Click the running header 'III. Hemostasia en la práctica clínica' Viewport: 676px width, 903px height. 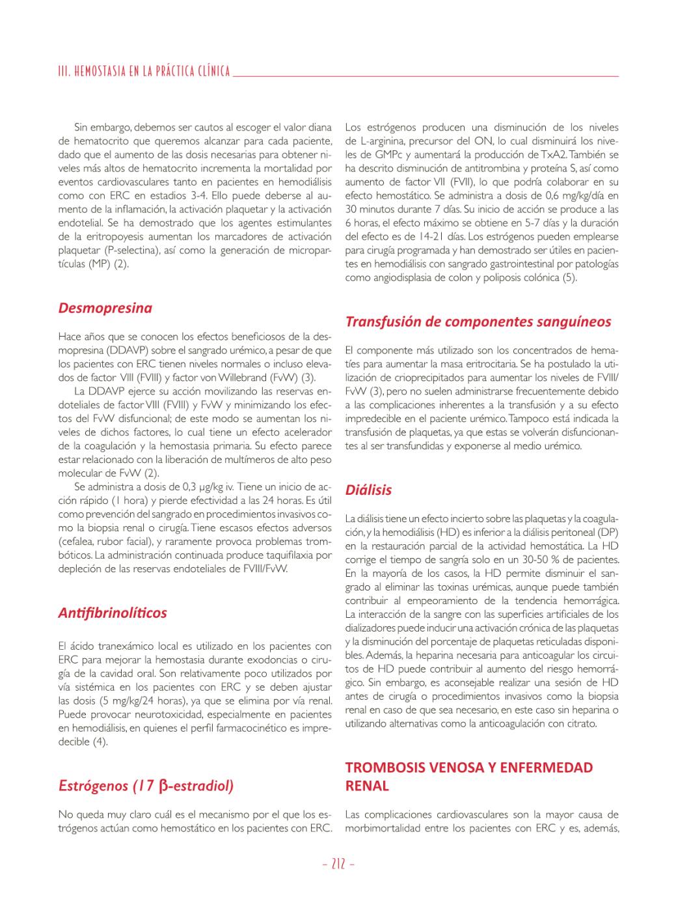[144, 72]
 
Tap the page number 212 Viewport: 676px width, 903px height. [338, 865]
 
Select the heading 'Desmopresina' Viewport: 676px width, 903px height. [105, 308]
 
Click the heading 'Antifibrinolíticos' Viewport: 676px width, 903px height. [113, 613]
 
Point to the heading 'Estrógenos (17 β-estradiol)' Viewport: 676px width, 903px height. [146, 786]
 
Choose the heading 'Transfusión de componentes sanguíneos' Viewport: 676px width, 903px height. [478, 322]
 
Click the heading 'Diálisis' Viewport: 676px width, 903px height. [368, 490]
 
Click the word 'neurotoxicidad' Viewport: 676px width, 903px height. [159, 714]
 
